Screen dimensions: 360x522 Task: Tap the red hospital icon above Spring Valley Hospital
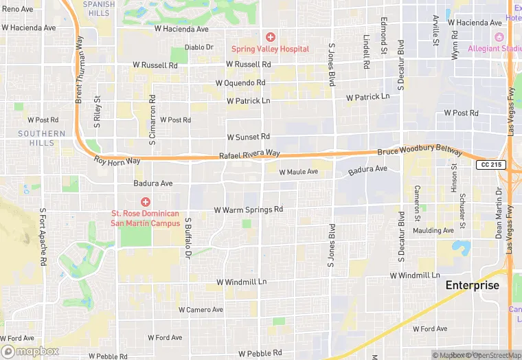coord(271,36)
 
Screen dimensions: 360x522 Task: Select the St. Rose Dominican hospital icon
coord(146,201)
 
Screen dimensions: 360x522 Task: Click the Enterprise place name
coord(472,285)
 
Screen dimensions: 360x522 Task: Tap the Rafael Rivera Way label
coord(249,155)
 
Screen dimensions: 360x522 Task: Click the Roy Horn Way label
coord(117,161)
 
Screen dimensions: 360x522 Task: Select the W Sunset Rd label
coord(248,137)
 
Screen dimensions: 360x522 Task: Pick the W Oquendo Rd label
coord(240,83)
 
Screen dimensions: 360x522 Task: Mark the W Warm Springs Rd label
coord(248,210)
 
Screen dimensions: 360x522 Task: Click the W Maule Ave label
coord(298,172)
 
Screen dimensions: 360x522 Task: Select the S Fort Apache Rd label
coord(43,237)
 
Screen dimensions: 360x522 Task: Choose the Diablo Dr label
coord(199,47)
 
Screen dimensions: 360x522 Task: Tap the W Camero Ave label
coord(201,310)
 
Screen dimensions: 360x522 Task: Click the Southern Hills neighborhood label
coord(42,138)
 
